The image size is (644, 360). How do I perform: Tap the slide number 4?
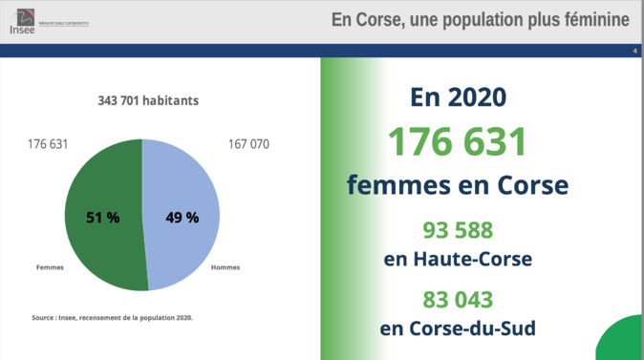pos(634,50)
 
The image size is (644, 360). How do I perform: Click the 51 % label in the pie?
pos(102,218)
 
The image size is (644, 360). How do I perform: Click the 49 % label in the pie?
pos(182,218)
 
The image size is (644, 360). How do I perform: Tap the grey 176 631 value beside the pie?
pos(48,144)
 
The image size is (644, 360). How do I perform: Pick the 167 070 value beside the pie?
pos(248,144)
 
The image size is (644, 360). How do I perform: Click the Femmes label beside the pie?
pos(50,267)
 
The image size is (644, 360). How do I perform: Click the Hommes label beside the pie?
pos(225,267)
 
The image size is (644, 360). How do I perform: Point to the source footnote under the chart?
pos(113,317)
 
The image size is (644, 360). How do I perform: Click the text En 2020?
pos(458,98)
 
